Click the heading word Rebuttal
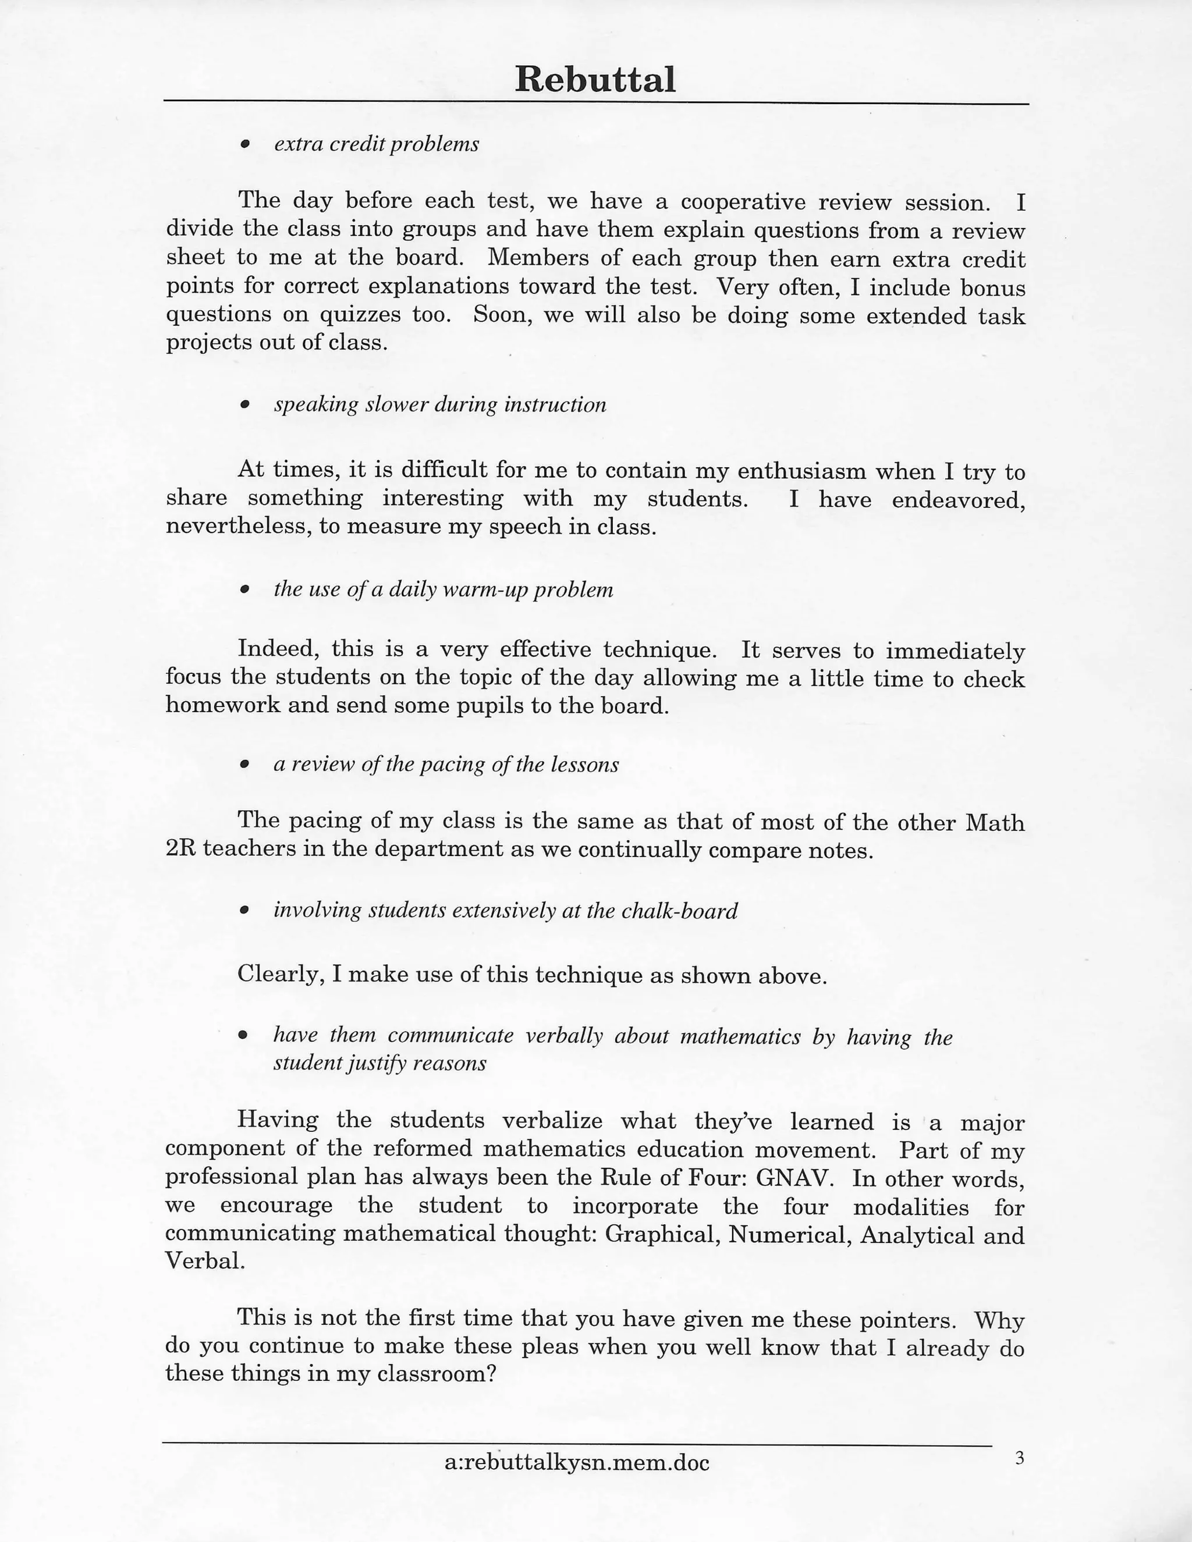[x=595, y=79]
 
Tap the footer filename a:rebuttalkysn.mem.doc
[x=576, y=1462]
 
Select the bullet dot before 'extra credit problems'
[x=245, y=144]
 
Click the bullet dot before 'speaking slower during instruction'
[x=245, y=405]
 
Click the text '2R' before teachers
[x=181, y=848]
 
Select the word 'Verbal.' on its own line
[x=205, y=1261]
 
